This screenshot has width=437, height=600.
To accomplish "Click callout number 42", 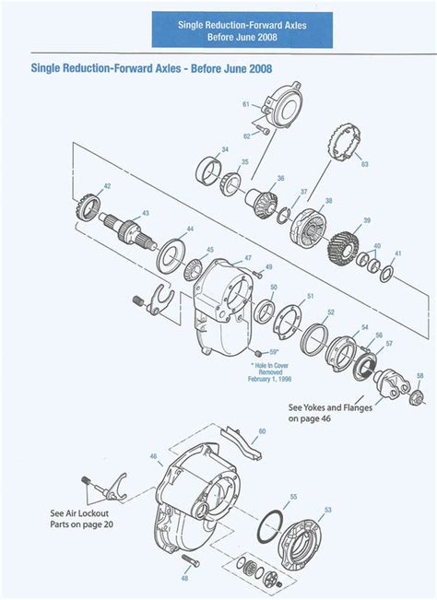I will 107,187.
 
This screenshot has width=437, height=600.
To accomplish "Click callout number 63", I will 365,164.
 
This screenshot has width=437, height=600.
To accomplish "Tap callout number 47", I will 248,257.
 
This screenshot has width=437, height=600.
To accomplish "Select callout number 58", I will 421,376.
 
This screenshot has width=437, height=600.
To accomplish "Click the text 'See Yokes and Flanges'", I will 330,406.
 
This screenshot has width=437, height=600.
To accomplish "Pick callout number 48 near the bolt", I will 184,578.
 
